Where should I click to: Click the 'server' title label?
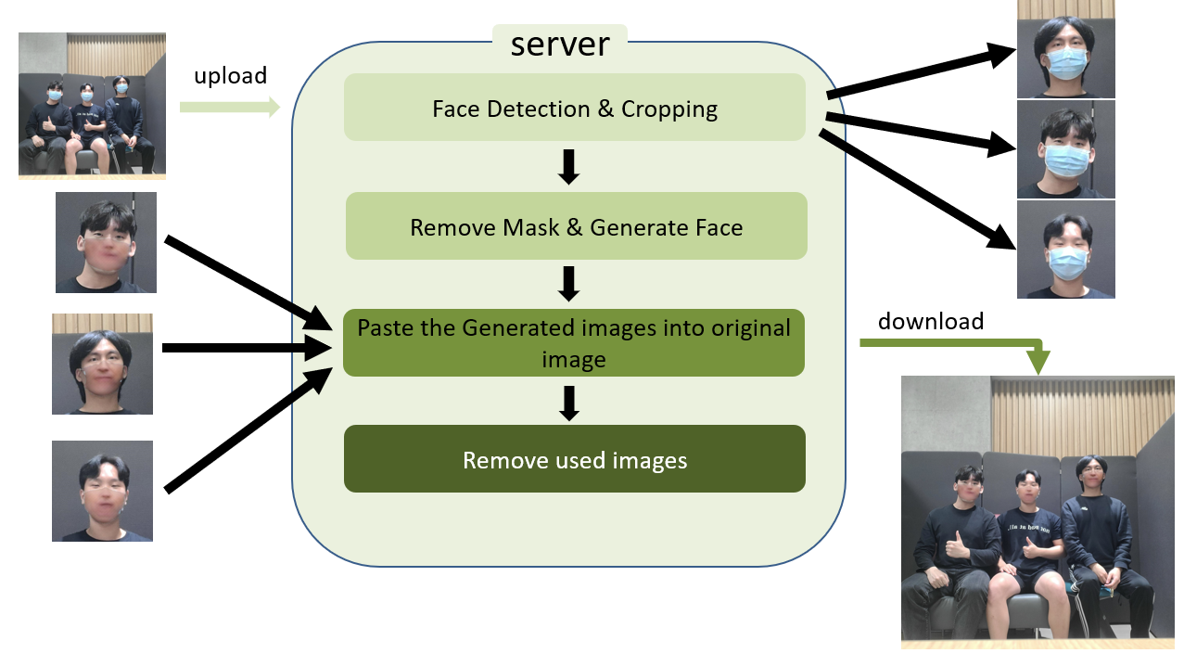click(x=559, y=43)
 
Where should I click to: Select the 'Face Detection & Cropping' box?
click(x=574, y=109)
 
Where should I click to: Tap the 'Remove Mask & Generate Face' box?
click(x=576, y=226)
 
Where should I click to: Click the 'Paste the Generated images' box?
click(x=573, y=342)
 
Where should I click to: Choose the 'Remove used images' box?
click(x=574, y=459)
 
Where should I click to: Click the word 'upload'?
click(x=230, y=75)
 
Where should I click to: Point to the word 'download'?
click(x=930, y=321)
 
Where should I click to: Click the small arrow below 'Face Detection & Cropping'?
click(x=569, y=166)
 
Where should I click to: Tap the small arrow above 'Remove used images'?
click(x=569, y=403)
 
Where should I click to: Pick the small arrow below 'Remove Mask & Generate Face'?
click(x=569, y=284)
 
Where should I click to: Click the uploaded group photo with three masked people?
click(x=92, y=105)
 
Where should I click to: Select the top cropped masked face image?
click(x=1065, y=49)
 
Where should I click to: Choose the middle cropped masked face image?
click(x=1065, y=149)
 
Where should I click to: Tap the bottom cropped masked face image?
click(x=1065, y=250)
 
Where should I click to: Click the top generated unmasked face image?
click(x=106, y=242)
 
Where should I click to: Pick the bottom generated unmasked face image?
click(x=102, y=491)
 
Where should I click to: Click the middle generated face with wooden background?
click(x=102, y=364)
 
